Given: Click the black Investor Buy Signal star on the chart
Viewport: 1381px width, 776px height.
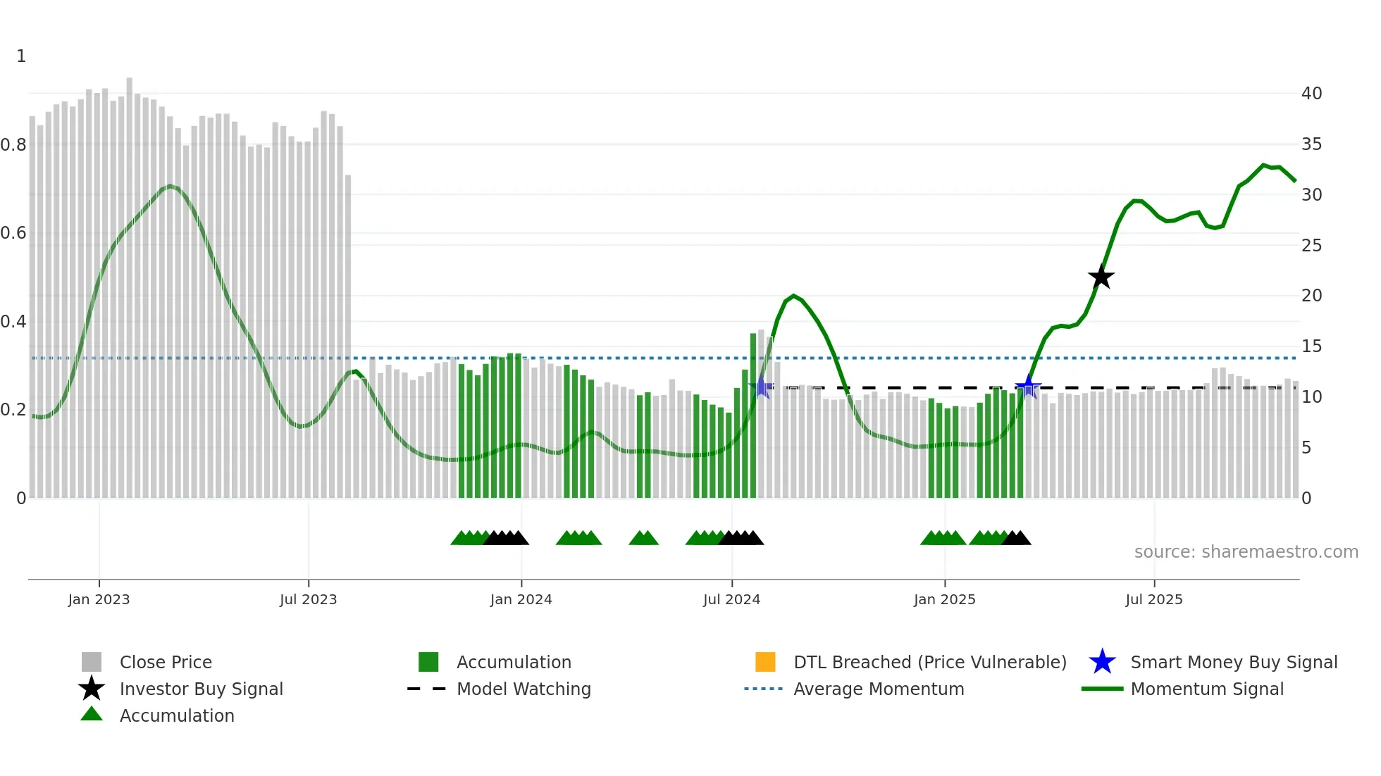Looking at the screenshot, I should [x=1101, y=277].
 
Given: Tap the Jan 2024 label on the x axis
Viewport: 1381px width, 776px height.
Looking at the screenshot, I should [x=521, y=599].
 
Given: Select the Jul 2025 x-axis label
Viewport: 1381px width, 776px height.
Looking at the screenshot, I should [x=1153, y=599].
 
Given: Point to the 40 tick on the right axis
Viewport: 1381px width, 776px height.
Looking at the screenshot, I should [x=1311, y=94].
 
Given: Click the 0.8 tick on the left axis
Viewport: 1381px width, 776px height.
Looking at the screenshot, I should [x=13, y=145].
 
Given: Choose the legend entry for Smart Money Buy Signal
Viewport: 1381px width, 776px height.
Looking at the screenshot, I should [x=1233, y=662].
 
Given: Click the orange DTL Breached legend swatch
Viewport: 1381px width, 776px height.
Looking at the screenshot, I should [x=765, y=662].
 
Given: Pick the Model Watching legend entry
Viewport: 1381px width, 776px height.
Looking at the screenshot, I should [x=523, y=689].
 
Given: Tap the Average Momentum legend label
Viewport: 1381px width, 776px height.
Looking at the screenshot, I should [x=878, y=689].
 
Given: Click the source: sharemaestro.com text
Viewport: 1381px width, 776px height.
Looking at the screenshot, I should [x=1246, y=552].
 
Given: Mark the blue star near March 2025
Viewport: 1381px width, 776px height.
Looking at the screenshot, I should [x=1028, y=387].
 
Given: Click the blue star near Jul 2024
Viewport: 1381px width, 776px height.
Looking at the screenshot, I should [x=762, y=387].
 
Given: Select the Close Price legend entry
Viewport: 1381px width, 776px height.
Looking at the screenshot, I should [x=165, y=662].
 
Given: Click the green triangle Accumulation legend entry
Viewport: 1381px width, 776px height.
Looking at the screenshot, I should [x=176, y=715].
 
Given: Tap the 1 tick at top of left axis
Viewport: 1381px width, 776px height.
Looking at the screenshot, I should [x=21, y=56].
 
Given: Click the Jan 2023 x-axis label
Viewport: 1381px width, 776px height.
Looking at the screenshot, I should [x=99, y=599].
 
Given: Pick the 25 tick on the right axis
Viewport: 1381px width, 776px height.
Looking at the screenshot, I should [x=1311, y=246].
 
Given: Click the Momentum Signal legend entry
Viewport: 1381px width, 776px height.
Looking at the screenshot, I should [x=1206, y=689].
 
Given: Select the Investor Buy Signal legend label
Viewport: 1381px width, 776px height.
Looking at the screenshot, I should [x=201, y=689].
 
